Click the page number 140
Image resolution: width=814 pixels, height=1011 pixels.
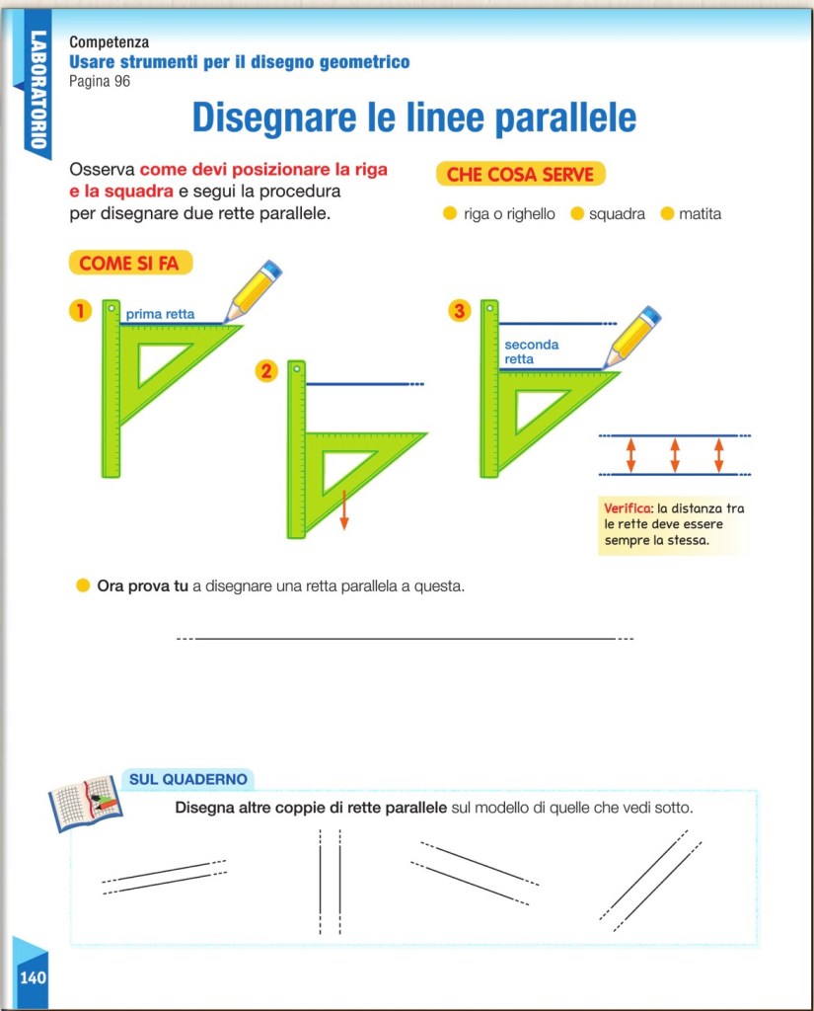(x=33, y=977)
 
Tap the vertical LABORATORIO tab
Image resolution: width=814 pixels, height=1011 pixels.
(x=38, y=89)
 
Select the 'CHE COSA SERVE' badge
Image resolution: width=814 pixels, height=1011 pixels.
(x=521, y=174)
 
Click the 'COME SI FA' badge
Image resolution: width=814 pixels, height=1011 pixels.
(x=130, y=263)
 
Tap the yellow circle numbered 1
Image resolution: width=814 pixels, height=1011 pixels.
(x=81, y=311)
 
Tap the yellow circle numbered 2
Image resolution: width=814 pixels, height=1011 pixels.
(x=266, y=371)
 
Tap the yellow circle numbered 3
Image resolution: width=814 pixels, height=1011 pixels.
(x=459, y=311)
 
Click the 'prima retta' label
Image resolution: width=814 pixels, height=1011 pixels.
(x=160, y=314)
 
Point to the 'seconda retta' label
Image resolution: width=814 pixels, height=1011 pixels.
(x=531, y=351)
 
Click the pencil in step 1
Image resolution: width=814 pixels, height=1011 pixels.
(x=253, y=291)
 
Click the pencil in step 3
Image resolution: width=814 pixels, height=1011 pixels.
(x=632, y=338)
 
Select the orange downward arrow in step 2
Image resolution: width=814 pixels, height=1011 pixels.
(x=344, y=509)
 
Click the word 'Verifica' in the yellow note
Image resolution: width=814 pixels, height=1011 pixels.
(x=628, y=508)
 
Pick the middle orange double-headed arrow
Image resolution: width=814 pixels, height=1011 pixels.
(x=675, y=455)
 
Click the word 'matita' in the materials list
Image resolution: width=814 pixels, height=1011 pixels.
(x=700, y=214)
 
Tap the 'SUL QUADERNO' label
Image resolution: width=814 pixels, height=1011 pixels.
(x=188, y=779)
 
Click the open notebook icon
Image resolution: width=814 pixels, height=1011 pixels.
(x=87, y=804)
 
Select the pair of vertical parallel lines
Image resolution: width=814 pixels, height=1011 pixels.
(x=330, y=882)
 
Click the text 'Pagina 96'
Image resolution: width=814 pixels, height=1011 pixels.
(x=100, y=81)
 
